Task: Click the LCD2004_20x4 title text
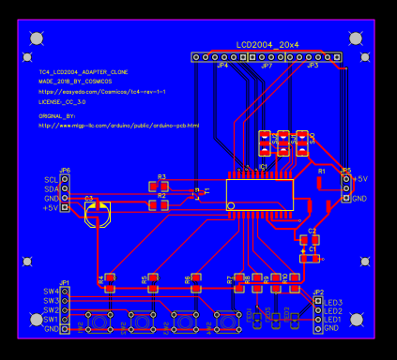click(x=267, y=44)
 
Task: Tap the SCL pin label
click(x=51, y=179)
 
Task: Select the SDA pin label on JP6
click(x=51, y=188)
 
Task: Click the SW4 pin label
click(x=51, y=292)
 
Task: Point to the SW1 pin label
click(x=51, y=320)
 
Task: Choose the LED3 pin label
click(x=333, y=302)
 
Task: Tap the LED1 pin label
click(x=333, y=320)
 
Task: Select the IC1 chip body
click(x=260, y=194)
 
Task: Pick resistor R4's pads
click(x=110, y=278)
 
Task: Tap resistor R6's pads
click(x=196, y=278)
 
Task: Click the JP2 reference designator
click(x=318, y=292)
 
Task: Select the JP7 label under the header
click(x=267, y=67)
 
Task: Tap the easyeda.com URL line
click(x=102, y=91)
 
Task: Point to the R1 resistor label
click(x=320, y=172)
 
